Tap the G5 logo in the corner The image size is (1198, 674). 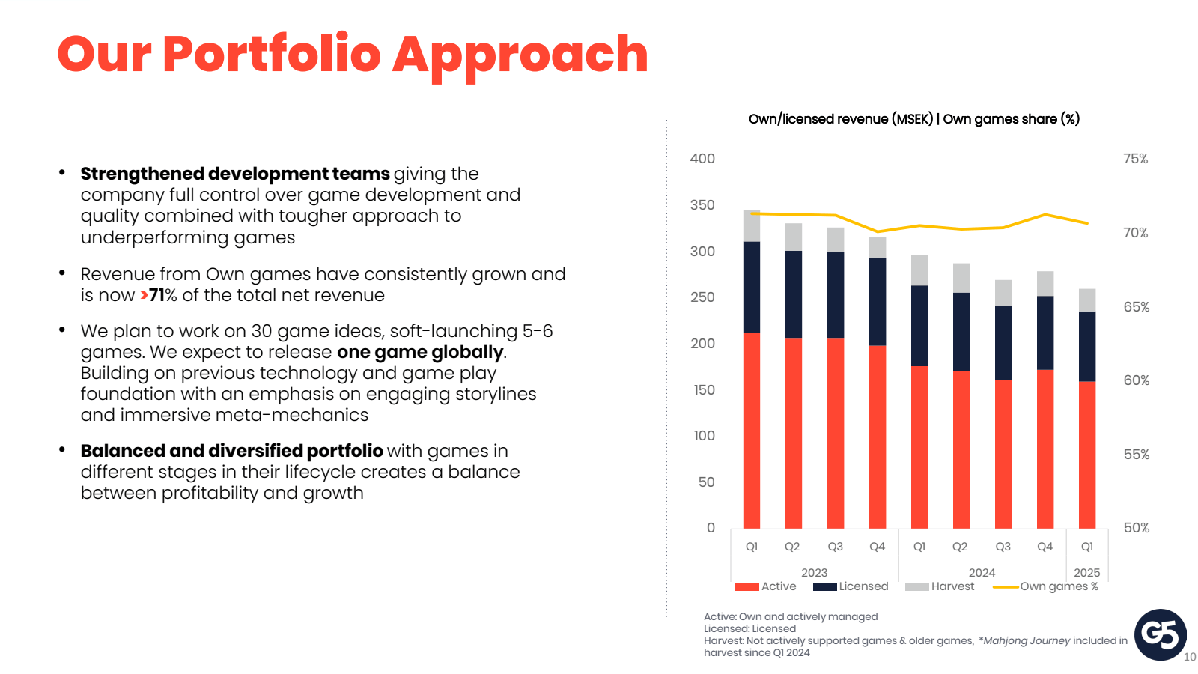tap(1160, 634)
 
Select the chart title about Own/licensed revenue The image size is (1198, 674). tap(913, 119)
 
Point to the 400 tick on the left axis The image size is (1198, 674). tap(702, 159)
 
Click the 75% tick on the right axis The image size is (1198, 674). tap(1135, 159)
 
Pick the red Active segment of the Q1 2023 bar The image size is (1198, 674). tap(751, 431)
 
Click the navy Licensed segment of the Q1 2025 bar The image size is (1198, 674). tap(1086, 346)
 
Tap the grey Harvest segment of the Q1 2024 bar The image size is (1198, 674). tap(919, 270)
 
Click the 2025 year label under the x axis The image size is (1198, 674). tap(1086, 572)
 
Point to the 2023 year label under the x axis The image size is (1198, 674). tap(814, 572)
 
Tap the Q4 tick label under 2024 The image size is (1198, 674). tap(1045, 547)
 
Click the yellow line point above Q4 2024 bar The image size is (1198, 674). tap(1045, 215)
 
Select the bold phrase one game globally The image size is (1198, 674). tap(420, 352)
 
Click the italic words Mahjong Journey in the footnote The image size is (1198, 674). tap(1026, 640)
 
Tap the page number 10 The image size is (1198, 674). tap(1189, 657)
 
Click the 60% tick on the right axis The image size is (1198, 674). tap(1136, 380)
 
